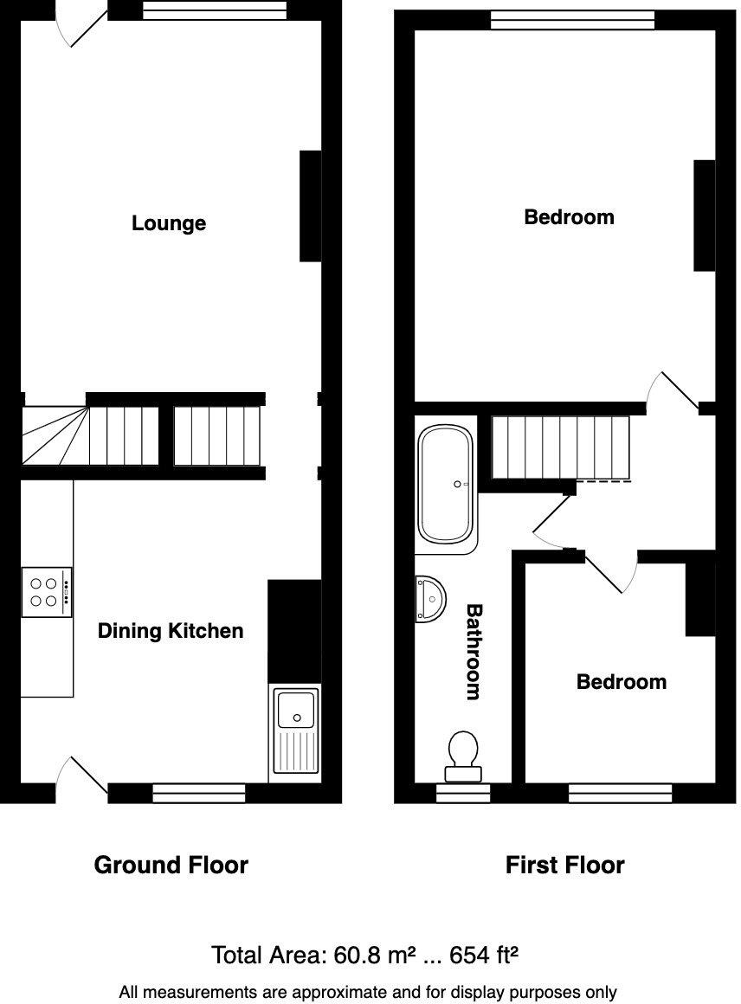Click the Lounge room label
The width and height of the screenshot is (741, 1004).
click(x=169, y=223)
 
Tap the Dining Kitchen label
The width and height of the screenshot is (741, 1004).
click(x=170, y=631)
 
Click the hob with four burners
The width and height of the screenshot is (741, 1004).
click(x=47, y=592)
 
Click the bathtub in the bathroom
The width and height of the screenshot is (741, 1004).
click(x=446, y=484)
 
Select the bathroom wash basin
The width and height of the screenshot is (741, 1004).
click(x=430, y=600)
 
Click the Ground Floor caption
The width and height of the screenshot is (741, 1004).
click(x=171, y=865)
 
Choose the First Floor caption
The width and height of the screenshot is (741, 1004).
click(x=564, y=865)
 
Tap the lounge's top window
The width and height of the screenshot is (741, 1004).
click(x=214, y=10)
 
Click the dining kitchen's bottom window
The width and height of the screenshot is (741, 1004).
click(x=199, y=793)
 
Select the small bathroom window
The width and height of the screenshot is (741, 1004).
click(x=463, y=793)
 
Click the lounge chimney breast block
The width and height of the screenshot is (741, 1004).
click(x=310, y=206)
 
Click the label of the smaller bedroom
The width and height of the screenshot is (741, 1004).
click(x=621, y=682)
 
